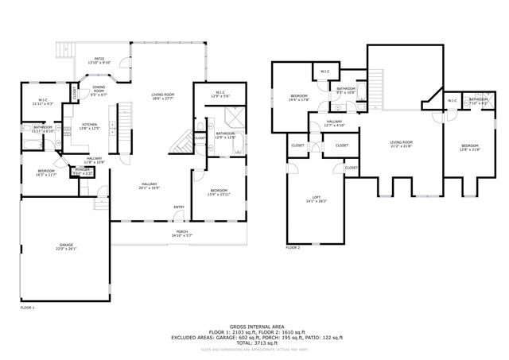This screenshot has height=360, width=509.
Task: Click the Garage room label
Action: (65, 246)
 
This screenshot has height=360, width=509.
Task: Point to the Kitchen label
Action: (90, 126)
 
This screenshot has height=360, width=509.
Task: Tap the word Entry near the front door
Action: (179, 208)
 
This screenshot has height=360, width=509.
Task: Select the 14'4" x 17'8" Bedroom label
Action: (298, 98)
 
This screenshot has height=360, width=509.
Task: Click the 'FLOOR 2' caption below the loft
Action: (293, 248)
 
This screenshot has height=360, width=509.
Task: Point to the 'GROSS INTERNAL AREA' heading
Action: (254, 327)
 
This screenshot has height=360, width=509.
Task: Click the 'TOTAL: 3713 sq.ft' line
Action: (254, 343)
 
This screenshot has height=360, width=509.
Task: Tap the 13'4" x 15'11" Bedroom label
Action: (219, 192)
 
